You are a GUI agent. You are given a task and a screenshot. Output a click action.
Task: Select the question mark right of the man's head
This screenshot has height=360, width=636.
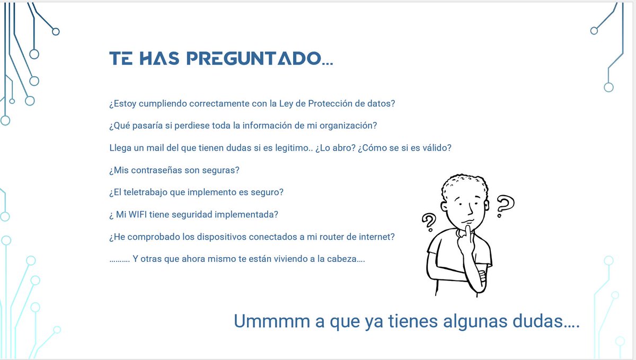pos(505,206)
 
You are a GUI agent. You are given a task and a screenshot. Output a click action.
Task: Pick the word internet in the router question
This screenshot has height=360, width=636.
pos(378,237)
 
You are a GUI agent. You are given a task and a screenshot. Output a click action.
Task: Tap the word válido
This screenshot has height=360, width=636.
pos(437,148)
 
